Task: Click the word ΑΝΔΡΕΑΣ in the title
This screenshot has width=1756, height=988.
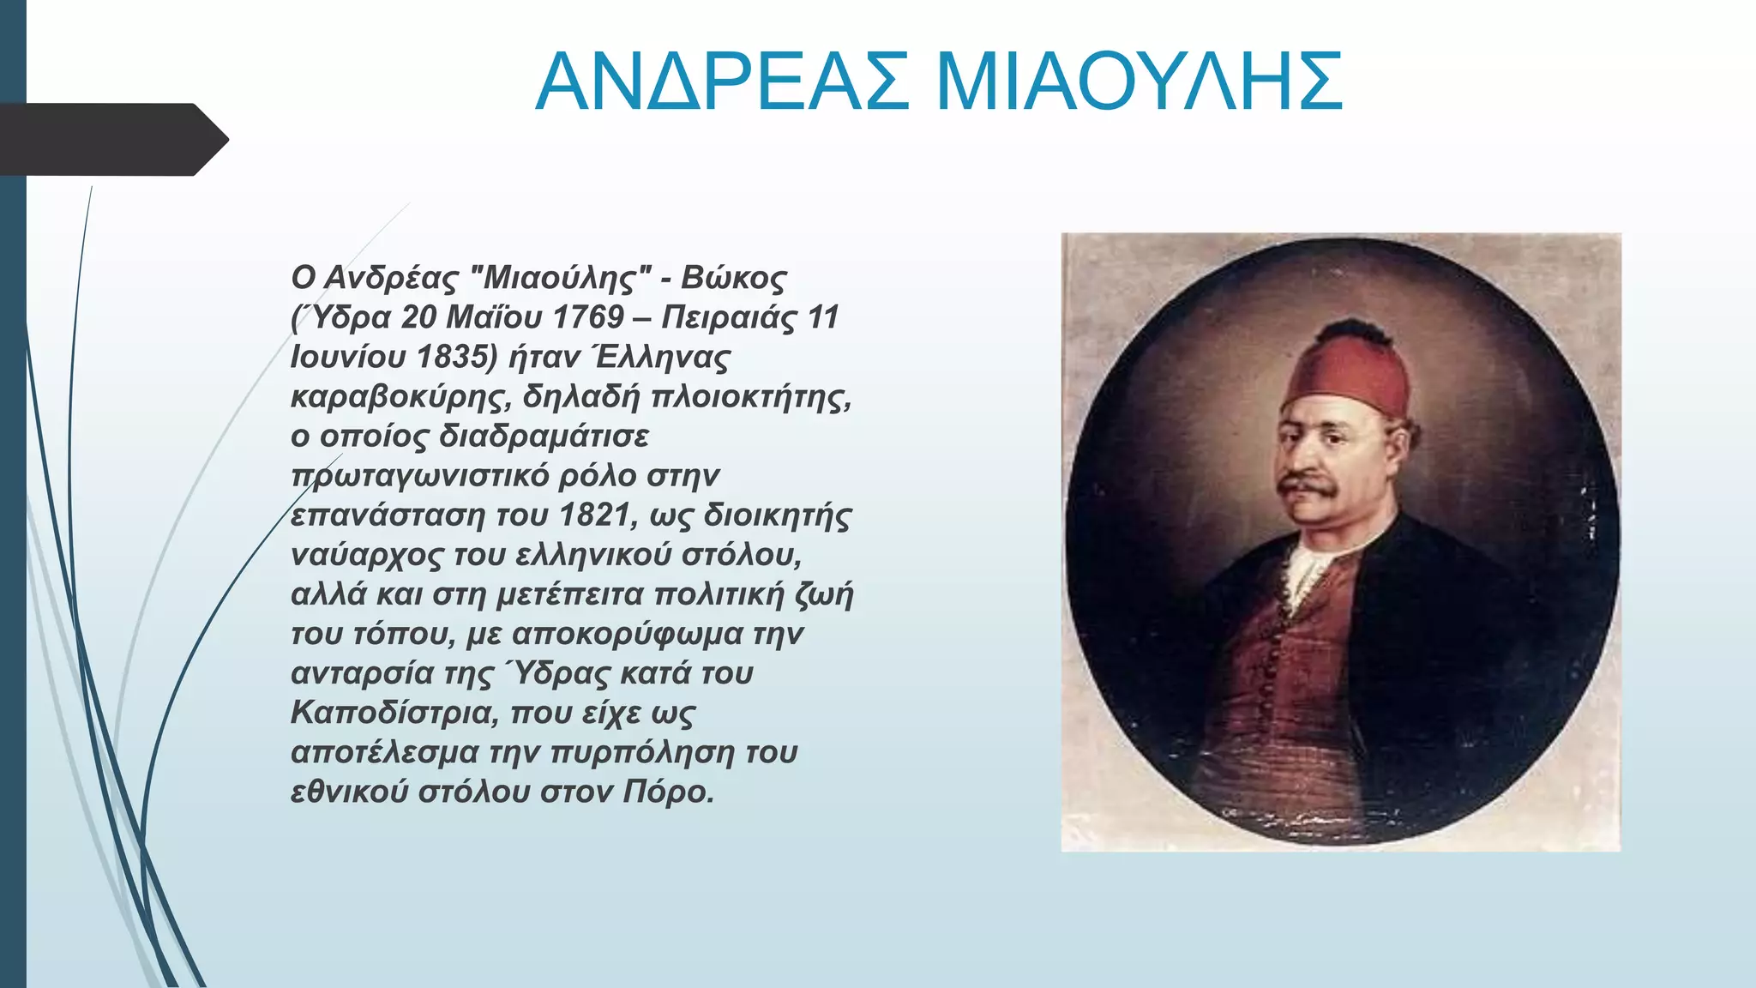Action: pyautogui.click(x=722, y=82)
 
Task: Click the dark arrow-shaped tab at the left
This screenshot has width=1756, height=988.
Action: pyautogui.click(x=111, y=139)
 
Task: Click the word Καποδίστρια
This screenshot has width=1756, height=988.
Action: pyautogui.click(x=394, y=713)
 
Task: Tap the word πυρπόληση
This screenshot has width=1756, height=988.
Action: pyautogui.click(x=641, y=752)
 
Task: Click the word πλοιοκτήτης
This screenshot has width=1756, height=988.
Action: pyautogui.click(x=751, y=397)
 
